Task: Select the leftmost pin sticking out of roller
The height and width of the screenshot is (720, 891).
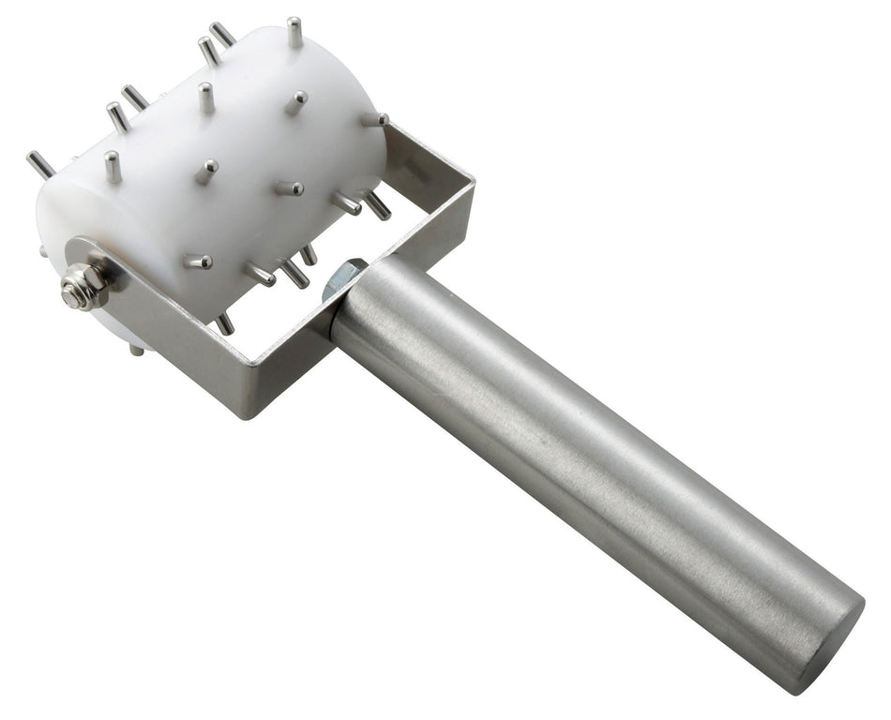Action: pos(39,165)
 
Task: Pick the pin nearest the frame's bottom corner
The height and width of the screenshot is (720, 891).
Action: pos(225,324)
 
